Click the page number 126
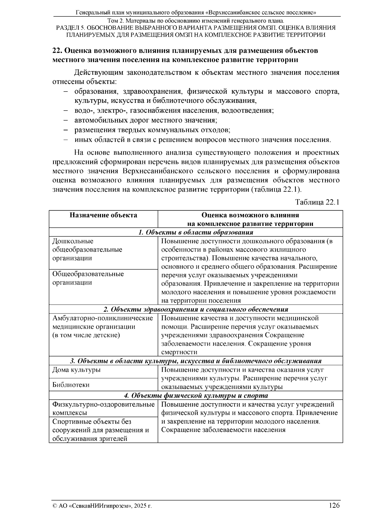pos(334,505)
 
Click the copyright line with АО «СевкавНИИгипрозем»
pos(102,506)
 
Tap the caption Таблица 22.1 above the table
pos(317,202)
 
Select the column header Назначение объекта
pos(103,215)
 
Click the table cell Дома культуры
pos(77,370)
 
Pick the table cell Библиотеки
pos(71,385)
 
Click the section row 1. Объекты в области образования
pos(196,232)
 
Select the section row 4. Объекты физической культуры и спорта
pos(196,396)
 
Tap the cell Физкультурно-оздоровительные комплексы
pos(103,408)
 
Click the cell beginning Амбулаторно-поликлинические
pos(103,327)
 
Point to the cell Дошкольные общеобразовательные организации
pos(87,250)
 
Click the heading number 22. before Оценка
pos(58,51)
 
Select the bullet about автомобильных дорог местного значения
pos(145,120)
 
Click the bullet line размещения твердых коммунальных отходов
pos(152,130)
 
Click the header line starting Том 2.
pos(196,21)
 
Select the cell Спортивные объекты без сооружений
pos(101,430)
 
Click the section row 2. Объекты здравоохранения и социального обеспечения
pos(196,310)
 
